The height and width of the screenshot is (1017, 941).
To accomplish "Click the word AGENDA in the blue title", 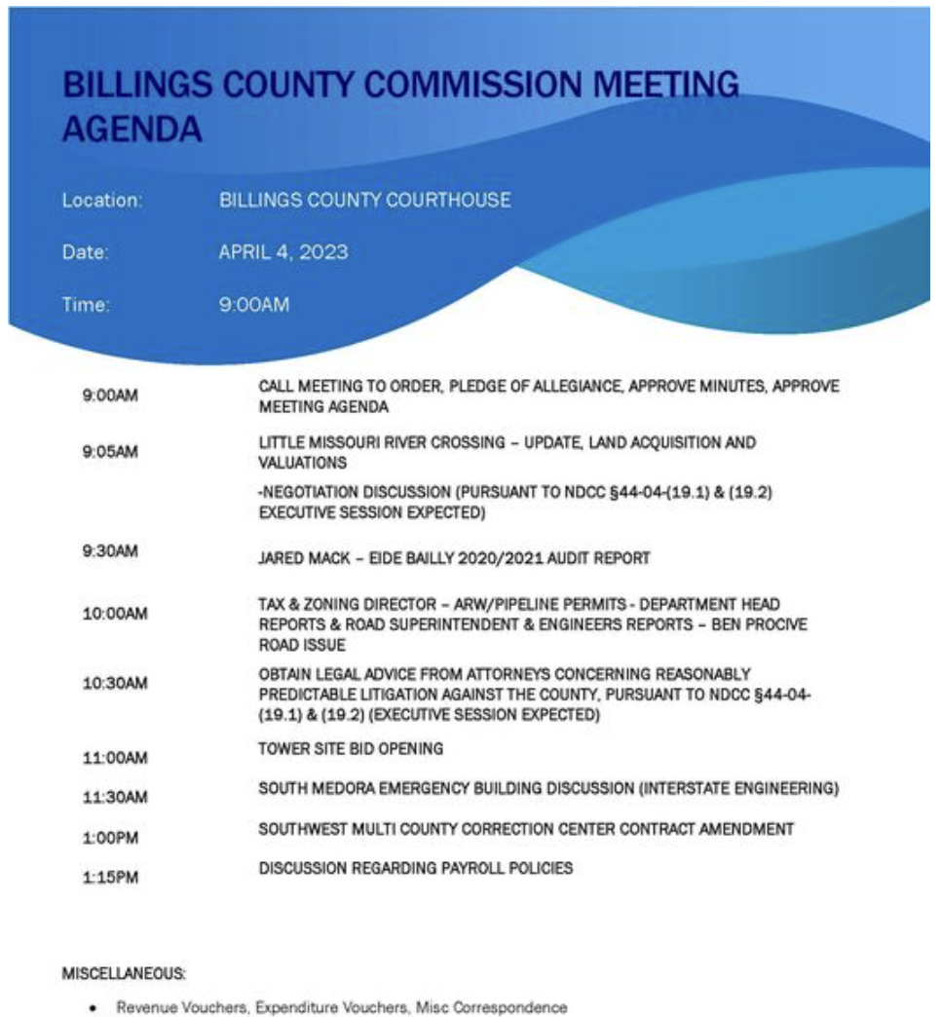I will (132, 130).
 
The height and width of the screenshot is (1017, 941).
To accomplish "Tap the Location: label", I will (102, 201).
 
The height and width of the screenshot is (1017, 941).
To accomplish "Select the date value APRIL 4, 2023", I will (283, 253).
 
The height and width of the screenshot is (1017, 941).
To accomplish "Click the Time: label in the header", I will (86, 305).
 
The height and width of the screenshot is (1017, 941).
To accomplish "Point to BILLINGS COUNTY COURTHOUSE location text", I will (365, 201).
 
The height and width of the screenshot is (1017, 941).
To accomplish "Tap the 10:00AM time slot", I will (114, 616).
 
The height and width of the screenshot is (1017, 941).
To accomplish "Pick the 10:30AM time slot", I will (114, 683).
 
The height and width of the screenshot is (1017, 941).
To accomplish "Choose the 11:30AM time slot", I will (114, 798).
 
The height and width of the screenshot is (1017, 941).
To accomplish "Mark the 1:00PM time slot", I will (111, 837).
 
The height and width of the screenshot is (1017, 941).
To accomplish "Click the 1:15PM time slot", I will (111, 878).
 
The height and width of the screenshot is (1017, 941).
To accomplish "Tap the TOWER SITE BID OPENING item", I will (351, 749).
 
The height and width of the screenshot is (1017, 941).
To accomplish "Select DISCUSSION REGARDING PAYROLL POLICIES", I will (415, 868).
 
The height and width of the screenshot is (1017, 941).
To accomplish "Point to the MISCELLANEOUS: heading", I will (125, 973).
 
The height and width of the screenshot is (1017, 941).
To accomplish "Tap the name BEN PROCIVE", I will (766, 624).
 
